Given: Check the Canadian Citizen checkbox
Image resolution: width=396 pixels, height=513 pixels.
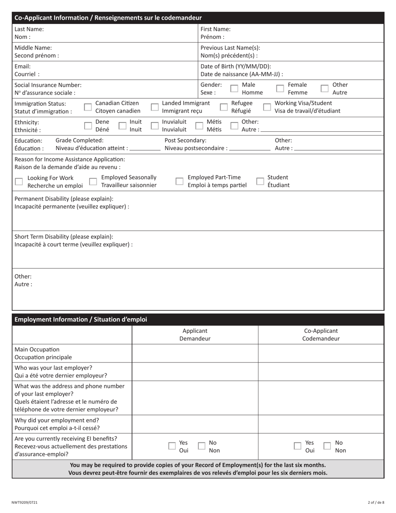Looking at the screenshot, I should click(88, 107).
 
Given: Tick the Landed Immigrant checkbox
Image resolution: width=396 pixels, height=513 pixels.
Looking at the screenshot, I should click(154, 107).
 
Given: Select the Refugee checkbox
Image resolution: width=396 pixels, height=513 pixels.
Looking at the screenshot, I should click(224, 107).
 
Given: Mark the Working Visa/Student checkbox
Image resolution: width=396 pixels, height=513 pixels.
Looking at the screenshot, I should click(267, 107).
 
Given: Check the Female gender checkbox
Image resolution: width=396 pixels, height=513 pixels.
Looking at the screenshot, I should click(280, 89).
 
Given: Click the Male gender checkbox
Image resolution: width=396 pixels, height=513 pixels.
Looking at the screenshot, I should click(234, 89).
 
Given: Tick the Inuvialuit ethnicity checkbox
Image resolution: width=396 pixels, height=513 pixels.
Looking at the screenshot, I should click(154, 126).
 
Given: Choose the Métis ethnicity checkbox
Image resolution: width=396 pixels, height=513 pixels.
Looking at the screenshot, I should click(199, 126).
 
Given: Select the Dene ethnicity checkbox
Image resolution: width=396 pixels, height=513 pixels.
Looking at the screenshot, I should click(88, 126).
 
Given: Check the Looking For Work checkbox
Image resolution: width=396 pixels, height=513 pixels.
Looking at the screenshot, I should click(19, 181).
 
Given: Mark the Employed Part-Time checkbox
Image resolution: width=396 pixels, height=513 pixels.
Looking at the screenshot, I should click(179, 181).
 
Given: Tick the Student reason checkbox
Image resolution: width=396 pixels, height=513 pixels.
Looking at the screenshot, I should click(260, 181).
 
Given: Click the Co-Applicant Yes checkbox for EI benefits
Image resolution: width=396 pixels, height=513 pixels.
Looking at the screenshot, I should click(298, 446).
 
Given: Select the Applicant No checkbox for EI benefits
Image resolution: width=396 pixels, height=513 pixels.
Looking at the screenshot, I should click(201, 446).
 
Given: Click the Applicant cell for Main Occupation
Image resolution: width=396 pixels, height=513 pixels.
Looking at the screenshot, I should click(195, 353).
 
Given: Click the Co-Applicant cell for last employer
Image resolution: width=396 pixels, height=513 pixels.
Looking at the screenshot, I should click(321, 372).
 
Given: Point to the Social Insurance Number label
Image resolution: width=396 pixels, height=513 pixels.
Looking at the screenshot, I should click(48, 85).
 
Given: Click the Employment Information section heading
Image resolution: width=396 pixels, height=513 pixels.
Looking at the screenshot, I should click(81, 319).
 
